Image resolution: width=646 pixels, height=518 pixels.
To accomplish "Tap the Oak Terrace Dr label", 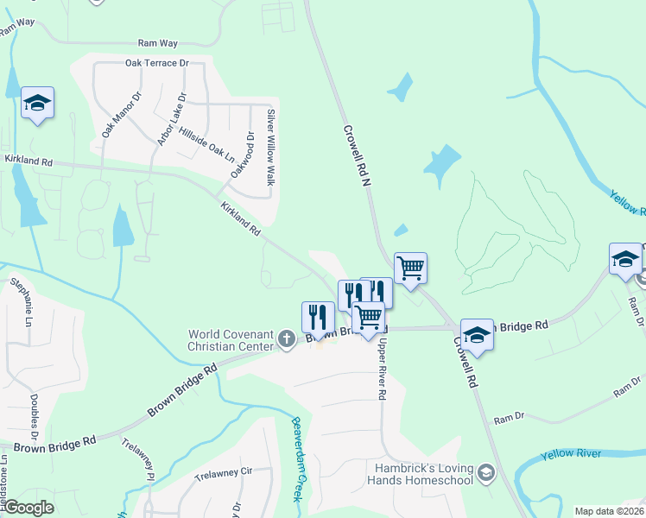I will point(156,63).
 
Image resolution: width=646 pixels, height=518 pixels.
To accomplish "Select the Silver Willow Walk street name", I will point(270,147).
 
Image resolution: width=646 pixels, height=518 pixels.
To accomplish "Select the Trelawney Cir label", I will point(222,473).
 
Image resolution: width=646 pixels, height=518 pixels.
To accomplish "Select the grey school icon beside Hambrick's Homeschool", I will point(486,471).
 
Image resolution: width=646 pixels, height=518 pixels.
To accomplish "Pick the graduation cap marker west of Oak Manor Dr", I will point(38,103).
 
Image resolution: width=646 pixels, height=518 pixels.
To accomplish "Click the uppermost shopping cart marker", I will point(411,268).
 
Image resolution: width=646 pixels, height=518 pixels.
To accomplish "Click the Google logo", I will point(29,508).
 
